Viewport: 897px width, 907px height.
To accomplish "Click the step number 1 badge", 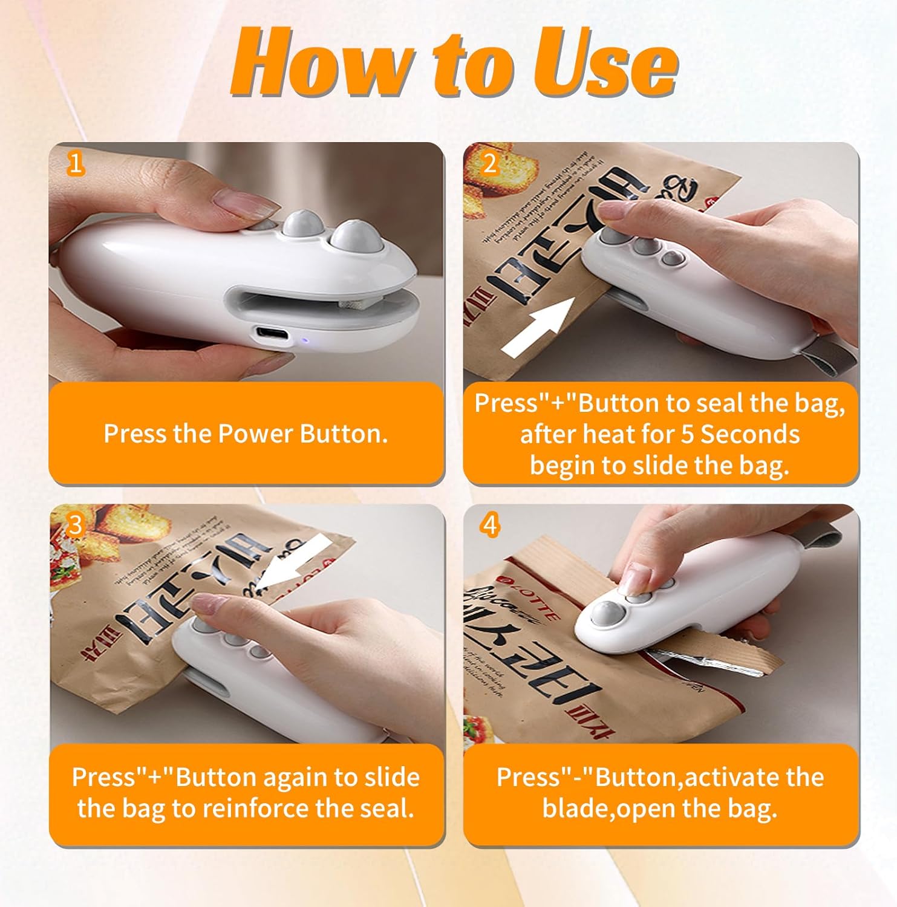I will (75, 163).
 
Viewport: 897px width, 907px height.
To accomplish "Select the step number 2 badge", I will (489, 163).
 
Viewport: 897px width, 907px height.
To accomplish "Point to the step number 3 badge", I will (75, 525).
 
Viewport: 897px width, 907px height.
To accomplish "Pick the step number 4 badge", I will (489, 525).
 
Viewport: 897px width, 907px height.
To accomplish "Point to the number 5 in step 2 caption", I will (687, 434).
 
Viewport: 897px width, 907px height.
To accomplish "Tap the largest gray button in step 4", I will (603, 615).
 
